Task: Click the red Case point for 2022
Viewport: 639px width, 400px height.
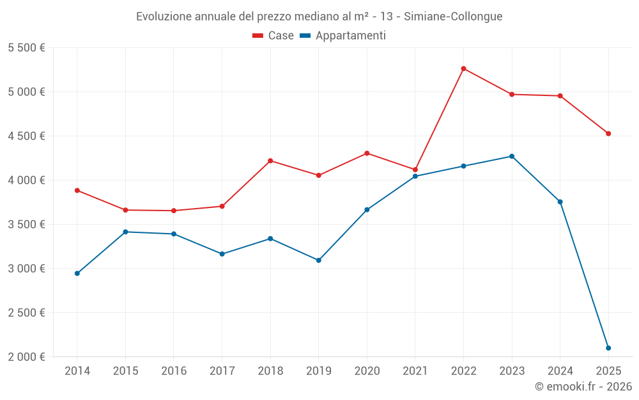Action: click(x=463, y=68)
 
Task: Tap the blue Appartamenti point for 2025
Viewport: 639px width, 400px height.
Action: click(x=608, y=348)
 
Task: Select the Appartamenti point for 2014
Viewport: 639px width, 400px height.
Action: click(x=77, y=273)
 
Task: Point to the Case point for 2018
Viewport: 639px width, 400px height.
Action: click(x=270, y=161)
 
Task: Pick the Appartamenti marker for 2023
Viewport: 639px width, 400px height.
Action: click(x=512, y=156)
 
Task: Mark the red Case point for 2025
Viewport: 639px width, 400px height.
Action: click(x=608, y=134)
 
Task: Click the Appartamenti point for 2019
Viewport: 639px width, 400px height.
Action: click(x=318, y=260)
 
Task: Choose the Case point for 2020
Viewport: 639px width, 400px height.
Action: click(x=367, y=153)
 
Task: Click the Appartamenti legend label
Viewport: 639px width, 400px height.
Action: click(x=350, y=36)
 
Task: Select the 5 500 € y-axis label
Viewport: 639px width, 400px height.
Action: click(x=26, y=48)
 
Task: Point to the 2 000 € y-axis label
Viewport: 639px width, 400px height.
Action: click(x=26, y=357)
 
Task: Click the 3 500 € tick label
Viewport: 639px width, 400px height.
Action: click(x=26, y=225)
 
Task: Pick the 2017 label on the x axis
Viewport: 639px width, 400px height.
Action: click(x=222, y=371)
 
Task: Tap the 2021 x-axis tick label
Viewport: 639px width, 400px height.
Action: click(x=415, y=371)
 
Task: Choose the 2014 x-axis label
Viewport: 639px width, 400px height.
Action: click(x=77, y=371)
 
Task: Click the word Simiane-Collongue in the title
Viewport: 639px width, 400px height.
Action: click(x=453, y=17)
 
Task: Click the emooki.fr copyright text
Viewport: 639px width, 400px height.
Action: click(x=583, y=387)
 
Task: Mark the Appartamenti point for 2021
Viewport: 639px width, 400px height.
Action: click(x=415, y=176)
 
